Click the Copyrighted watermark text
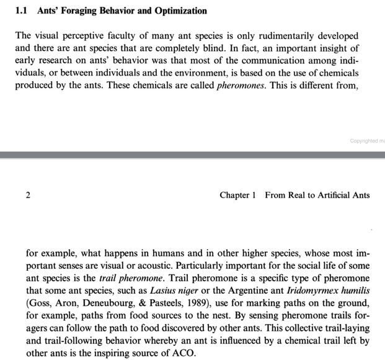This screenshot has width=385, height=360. pos(366,141)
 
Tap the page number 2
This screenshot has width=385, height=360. pos(29,195)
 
